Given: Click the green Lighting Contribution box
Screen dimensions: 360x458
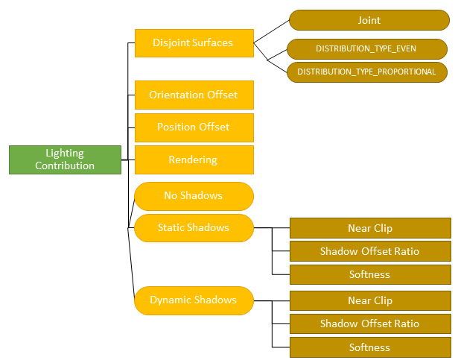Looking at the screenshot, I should tap(65, 160).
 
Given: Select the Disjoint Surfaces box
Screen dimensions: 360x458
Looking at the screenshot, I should tap(194, 42).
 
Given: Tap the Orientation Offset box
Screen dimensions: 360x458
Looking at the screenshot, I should tap(194, 95).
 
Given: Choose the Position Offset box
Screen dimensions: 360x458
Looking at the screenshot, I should tap(194, 127).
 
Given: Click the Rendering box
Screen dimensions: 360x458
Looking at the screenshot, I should tap(194, 160).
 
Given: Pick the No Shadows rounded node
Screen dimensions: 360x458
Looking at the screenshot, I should tap(194, 195).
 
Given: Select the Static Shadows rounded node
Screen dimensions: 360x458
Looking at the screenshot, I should tap(194, 227).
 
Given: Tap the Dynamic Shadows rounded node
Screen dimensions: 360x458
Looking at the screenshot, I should tap(194, 300).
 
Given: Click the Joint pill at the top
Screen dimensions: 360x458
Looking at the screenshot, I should tap(369, 20).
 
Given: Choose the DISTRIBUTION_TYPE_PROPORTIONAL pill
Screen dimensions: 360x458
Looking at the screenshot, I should tap(366, 72).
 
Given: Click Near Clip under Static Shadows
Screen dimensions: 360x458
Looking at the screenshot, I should tap(369, 227).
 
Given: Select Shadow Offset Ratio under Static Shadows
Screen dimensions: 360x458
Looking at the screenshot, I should tap(369, 251).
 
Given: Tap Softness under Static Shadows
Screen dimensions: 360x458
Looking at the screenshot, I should tap(369, 274).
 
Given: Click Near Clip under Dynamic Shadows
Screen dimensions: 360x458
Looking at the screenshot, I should tap(369, 301).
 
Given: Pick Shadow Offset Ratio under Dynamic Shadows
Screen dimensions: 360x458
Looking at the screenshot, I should tap(369, 323).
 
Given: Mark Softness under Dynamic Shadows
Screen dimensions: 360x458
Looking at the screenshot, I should tap(369, 347).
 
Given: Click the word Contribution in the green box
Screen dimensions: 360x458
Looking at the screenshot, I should tap(65, 165).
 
